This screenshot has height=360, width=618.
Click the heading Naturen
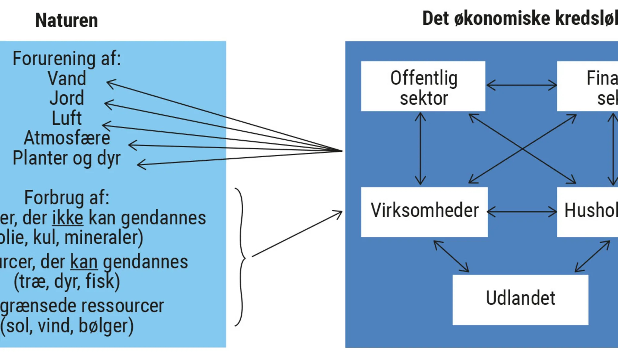[66, 20]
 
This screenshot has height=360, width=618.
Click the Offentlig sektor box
[423, 86]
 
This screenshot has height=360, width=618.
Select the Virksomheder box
[424, 212]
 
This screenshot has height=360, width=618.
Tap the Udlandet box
[520, 299]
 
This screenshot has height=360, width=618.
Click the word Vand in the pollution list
[67, 78]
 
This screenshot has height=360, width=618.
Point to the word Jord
[67, 98]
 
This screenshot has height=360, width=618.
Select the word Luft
[67, 118]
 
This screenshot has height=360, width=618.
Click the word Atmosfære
[67, 138]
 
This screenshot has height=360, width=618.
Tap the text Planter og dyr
[66, 158]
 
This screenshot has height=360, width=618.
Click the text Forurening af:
[66, 58]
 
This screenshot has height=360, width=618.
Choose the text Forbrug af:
[67, 198]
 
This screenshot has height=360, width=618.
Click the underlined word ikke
[68, 218]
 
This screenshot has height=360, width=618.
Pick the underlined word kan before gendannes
[84, 262]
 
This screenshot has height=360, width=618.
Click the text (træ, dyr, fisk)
[67, 282]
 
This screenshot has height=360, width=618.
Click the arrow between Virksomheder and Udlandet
[451, 256]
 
